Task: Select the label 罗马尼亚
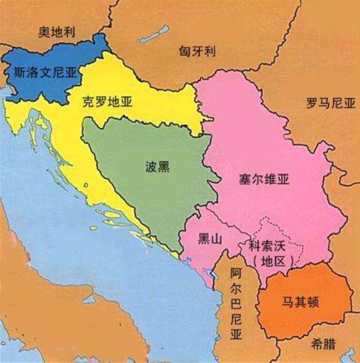click(331, 104)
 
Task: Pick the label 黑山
click(210, 239)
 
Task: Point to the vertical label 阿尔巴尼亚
click(236, 304)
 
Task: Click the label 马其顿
click(301, 302)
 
